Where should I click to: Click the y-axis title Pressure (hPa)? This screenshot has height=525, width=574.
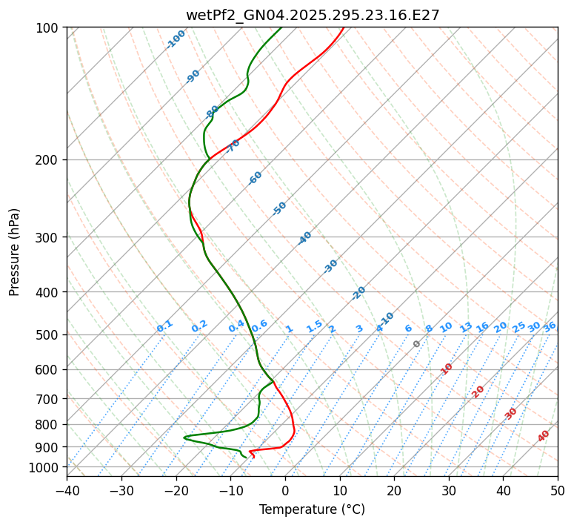[x=15, y=252]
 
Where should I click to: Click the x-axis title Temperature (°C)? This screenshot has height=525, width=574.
[x=312, y=510]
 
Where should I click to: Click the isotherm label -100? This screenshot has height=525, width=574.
[x=176, y=39]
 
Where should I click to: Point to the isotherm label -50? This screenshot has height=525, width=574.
[x=279, y=208]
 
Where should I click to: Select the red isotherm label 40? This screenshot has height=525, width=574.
[x=544, y=436]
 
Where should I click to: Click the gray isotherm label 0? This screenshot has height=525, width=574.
[x=417, y=344]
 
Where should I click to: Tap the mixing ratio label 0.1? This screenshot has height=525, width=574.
[x=164, y=326]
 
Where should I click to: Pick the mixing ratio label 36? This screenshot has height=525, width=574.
[x=550, y=326]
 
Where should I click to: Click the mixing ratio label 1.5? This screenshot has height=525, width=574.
[x=314, y=326]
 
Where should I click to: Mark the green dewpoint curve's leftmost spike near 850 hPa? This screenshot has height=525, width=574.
[x=184, y=437]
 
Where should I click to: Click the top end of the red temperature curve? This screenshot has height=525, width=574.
[x=343, y=28]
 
